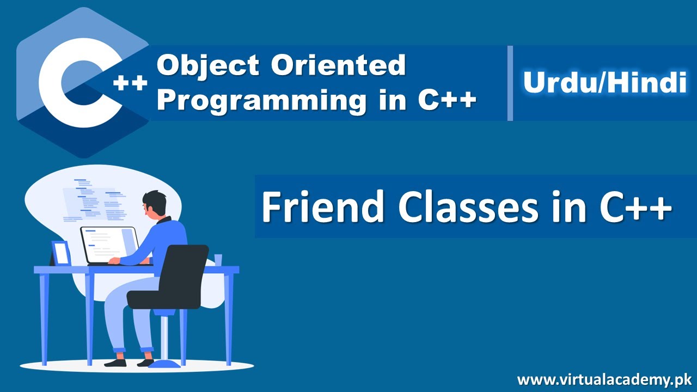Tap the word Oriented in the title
click(x=338, y=66)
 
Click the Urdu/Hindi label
click(x=604, y=83)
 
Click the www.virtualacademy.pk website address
click(x=604, y=379)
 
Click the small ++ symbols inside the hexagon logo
click(x=131, y=83)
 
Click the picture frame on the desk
click(x=61, y=253)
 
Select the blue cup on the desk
click(x=218, y=260)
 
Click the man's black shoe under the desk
click(x=115, y=362)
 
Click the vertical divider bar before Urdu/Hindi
click(x=510, y=83)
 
